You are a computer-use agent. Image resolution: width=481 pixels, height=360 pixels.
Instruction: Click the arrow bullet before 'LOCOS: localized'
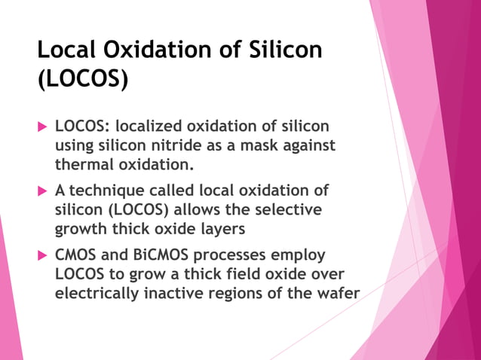pyautogui.click(x=42, y=125)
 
